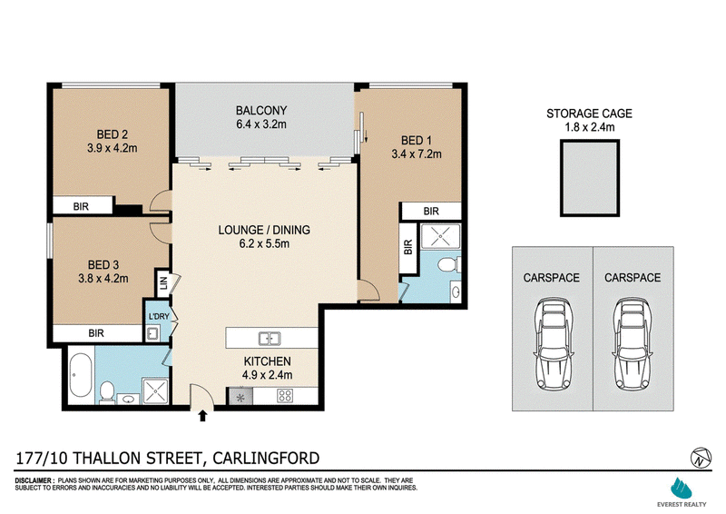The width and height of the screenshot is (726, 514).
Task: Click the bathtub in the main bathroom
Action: click(x=81, y=375)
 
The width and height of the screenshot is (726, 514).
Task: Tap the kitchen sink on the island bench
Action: click(x=270, y=339)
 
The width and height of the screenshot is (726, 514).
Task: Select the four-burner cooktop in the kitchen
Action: click(x=285, y=396)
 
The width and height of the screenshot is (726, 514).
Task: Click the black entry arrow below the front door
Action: click(x=202, y=415)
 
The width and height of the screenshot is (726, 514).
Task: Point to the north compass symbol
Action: click(x=701, y=458)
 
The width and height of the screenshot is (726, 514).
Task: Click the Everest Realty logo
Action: click(x=682, y=492)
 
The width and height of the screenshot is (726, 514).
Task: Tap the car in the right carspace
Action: click(x=632, y=344)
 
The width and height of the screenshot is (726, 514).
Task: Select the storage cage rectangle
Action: click(x=589, y=178)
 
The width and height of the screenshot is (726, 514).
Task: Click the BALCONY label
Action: click(x=261, y=110)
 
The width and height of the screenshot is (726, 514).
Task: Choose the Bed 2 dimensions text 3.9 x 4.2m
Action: click(x=112, y=148)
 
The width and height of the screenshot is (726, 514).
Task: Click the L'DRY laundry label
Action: click(x=159, y=316)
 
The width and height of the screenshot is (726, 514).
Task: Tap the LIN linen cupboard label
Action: click(x=163, y=282)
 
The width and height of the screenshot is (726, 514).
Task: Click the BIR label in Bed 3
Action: click(x=96, y=332)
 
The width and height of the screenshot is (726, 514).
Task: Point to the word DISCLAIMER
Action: click(x=34, y=480)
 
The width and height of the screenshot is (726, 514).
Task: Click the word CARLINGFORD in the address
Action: click(x=266, y=458)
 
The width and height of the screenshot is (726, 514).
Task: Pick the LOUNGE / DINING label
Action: click(x=264, y=230)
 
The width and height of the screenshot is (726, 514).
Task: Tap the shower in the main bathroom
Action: click(x=155, y=390)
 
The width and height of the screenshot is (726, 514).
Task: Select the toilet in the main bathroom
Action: click(x=107, y=392)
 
